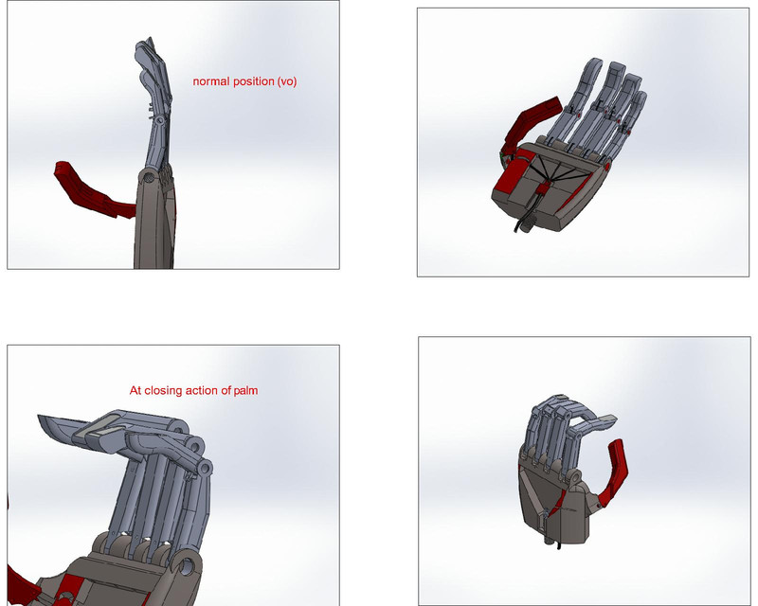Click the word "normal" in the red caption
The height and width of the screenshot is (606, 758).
click(211, 81)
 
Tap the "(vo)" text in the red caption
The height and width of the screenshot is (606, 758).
click(285, 81)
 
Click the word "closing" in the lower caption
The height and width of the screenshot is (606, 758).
click(176, 390)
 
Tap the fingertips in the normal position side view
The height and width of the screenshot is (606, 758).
click(145, 49)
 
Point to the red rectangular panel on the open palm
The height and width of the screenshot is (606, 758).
click(506, 185)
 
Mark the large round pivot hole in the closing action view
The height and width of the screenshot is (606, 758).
click(187, 568)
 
